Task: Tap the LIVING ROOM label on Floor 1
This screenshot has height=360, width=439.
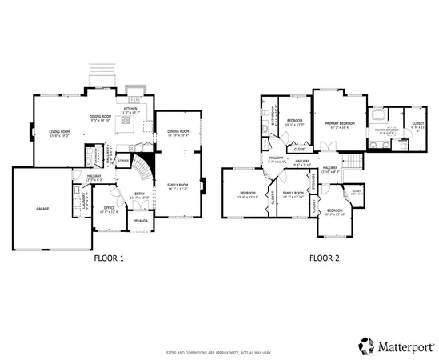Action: click(59, 132)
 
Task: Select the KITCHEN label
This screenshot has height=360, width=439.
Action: click(130, 109)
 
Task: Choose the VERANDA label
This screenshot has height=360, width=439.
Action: click(141, 220)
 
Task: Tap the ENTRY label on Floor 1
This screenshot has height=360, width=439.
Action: click(138, 193)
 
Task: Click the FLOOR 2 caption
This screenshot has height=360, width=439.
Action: click(325, 258)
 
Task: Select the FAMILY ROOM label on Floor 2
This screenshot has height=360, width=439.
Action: click(294, 193)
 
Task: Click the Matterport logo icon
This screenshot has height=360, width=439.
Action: click(366, 346)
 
